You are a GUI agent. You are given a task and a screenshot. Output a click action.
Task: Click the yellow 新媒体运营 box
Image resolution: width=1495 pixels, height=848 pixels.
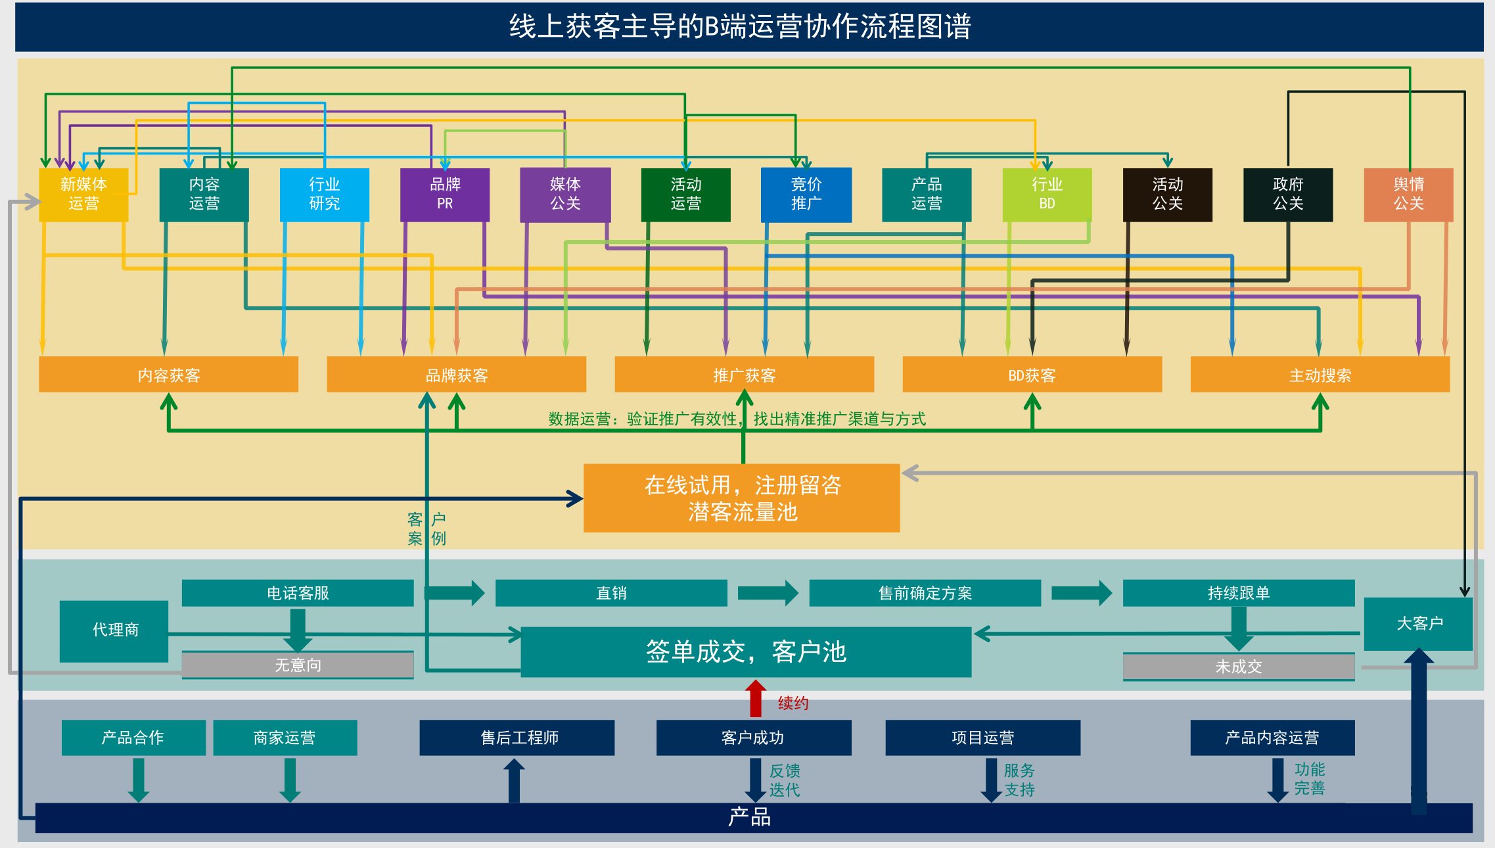coord(83,195)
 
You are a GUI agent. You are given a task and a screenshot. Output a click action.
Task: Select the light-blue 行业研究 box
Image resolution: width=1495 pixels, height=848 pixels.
coord(324,195)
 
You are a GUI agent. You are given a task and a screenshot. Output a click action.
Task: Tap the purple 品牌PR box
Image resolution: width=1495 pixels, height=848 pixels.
coord(445,195)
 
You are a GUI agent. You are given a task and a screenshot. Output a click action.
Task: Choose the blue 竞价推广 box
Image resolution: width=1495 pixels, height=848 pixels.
coord(806,195)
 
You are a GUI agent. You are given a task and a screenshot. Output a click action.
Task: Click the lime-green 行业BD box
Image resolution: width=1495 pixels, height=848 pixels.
coord(1047,195)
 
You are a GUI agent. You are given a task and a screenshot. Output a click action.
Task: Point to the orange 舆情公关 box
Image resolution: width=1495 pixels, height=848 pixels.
coord(1408,195)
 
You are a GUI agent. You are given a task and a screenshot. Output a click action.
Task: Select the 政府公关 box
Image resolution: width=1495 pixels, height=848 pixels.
coord(1288,195)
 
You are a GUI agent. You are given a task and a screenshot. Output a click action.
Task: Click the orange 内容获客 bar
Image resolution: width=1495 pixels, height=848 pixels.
coord(168,375)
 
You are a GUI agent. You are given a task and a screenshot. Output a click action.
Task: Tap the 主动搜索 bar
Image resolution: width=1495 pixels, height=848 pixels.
coord(1320,375)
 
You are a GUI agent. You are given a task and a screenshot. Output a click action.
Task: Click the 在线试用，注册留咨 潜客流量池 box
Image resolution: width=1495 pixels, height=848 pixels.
coord(741,498)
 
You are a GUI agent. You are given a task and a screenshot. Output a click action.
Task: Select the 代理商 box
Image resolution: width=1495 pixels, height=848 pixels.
coord(114,630)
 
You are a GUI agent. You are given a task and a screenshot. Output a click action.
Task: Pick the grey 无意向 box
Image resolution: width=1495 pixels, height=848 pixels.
coord(298,665)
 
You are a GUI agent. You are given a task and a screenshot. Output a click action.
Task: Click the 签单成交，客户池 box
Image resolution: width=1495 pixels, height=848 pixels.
coord(746,651)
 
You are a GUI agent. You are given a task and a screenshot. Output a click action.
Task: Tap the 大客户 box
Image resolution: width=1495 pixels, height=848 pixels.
coord(1418,623)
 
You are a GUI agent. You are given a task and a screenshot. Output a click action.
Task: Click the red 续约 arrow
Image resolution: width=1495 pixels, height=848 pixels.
coord(756,698)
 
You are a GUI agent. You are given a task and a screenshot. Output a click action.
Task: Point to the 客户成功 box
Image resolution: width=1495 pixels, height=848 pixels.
coord(753,738)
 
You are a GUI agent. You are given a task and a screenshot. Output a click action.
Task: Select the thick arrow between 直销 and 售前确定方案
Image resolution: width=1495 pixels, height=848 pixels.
coord(767,593)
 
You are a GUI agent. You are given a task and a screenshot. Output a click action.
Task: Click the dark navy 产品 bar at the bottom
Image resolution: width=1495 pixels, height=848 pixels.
coord(749,818)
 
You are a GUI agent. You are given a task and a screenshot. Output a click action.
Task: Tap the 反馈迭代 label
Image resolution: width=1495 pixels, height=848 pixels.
coord(785,780)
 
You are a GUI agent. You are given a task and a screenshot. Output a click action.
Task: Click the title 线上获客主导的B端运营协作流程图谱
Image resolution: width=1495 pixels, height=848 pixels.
coord(740,27)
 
